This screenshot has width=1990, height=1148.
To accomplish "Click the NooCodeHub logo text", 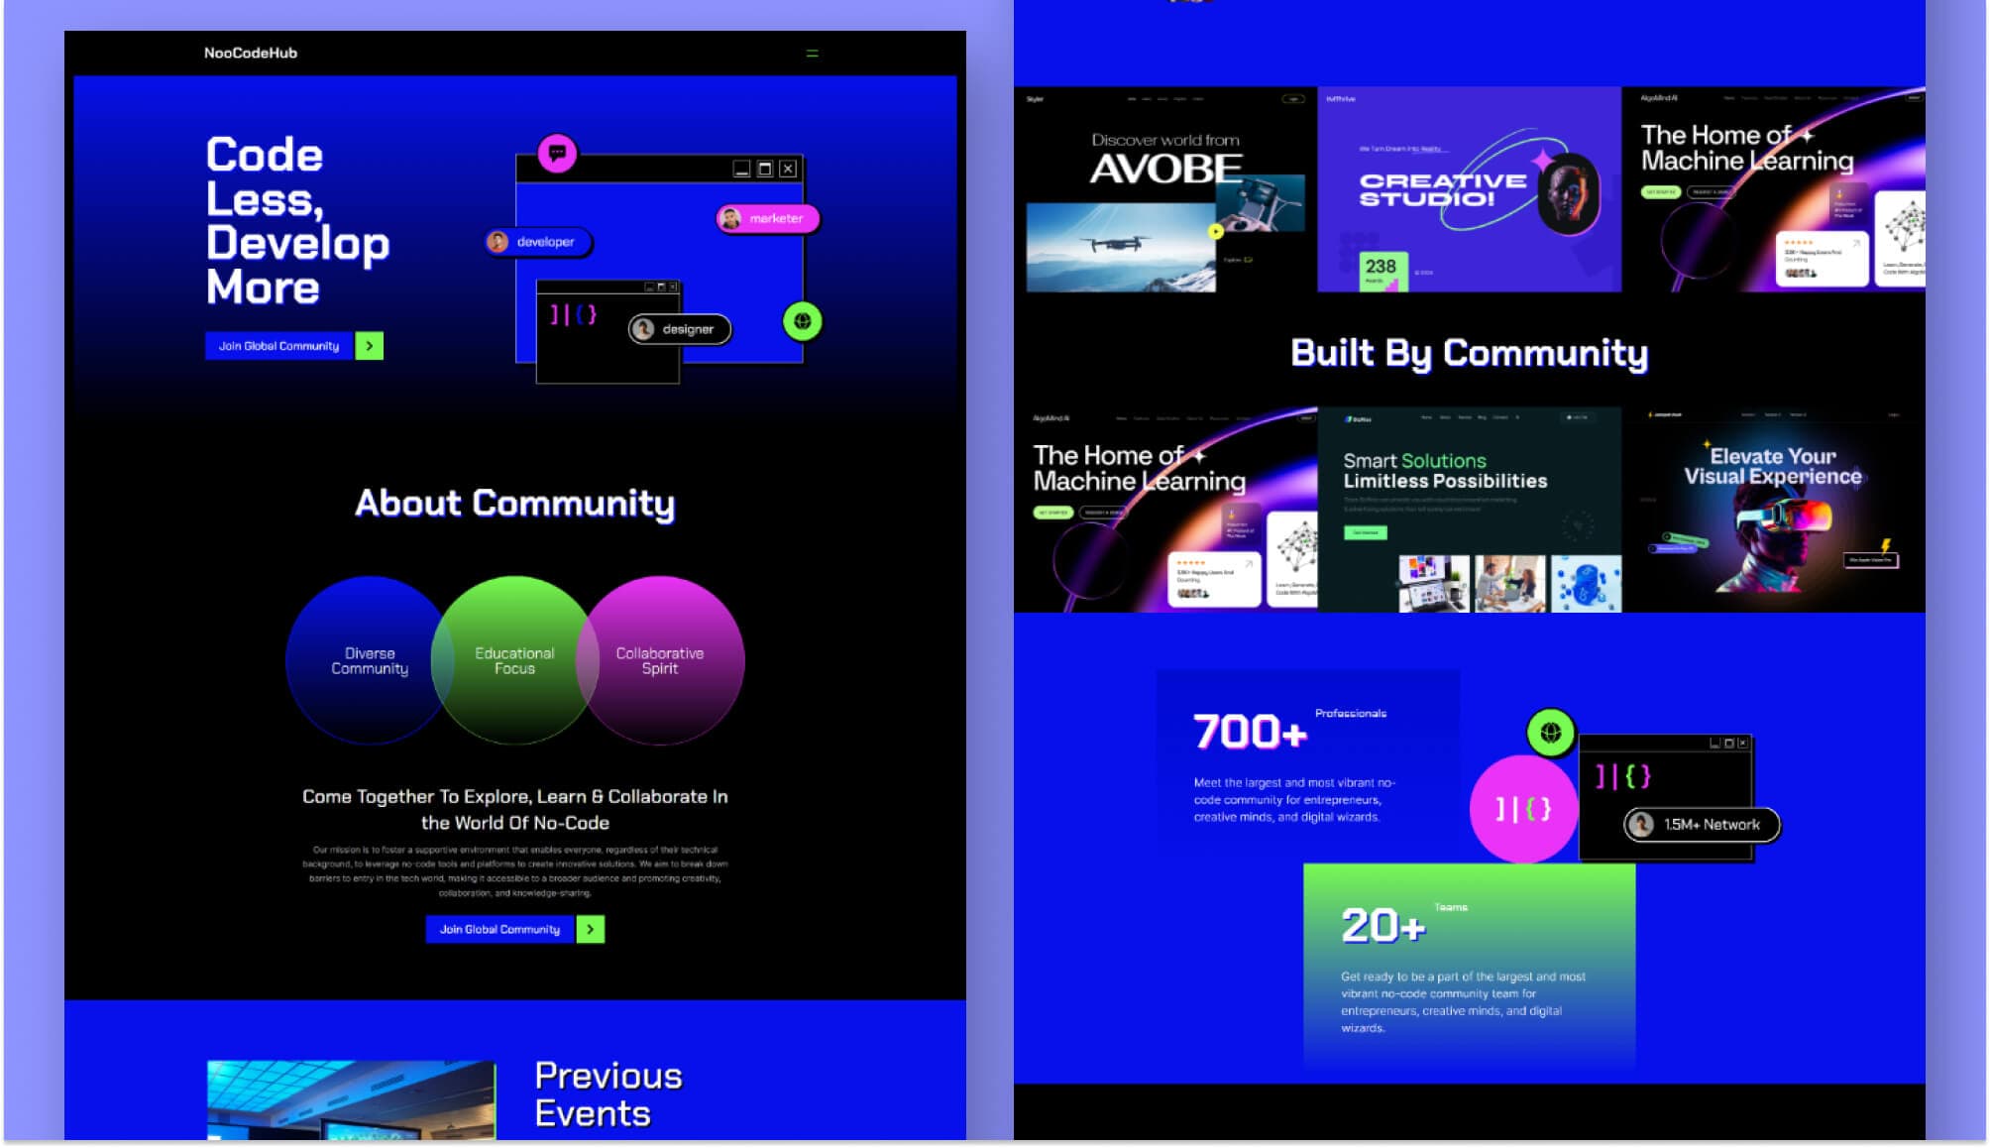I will pyautogui.click(x=250, y=53).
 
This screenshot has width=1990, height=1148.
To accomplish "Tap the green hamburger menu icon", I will pyautogui.click(x=812, y=54).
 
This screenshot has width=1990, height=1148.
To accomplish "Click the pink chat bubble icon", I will pyautogui.click(x=557, y=154).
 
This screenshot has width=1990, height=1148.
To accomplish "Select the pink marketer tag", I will pyautogui.click(x=768, y=218).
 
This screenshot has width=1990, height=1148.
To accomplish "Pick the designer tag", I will pyautogui.click(x=680, y=329).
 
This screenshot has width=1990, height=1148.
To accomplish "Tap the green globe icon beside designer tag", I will pyautogui.click(x=803, y=321).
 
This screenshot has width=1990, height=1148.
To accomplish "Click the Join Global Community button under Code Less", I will pyautogui.click(x=279, y=346).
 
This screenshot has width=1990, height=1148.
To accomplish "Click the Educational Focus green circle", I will pyautogui.click(x=514, y=660).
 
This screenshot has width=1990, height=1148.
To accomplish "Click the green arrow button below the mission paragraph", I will pyautogui.click(x=591, y=929).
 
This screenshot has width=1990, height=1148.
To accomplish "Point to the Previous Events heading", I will pyautogui.click(x=608, y=1094).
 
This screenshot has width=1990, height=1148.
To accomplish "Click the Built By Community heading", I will pyautogui.click(x=1469, y=353).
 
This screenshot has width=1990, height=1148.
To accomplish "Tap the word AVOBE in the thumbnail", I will pyautogui.click(x=1165, y=170).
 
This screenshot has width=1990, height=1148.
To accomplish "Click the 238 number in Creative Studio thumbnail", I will pyautogui.click(x=1380, y=267).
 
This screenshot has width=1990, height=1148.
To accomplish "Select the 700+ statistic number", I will pyautogui.click(x=1250, y=732).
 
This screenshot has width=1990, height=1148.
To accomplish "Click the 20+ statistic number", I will pyautogui.click(x=1382, y=926).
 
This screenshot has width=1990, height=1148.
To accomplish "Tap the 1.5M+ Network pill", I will pyautogui.click(x=1702, y=825).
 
